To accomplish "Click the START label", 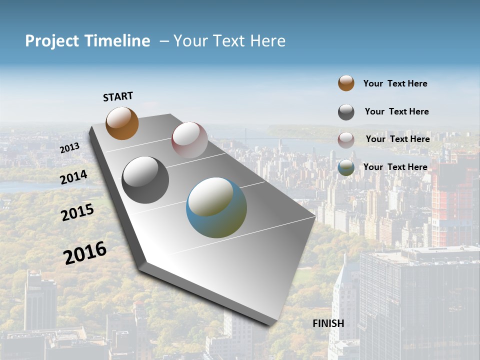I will (x=118, y=96).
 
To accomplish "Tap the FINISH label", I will (x=328, y=323).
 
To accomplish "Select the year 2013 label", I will (x=69, y=148).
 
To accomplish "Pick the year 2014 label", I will (x=73, y=177).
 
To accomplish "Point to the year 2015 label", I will (x=77, y=212).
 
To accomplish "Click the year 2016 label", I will (x=85, y=253).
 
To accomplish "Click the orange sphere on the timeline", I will (x=122, y=123).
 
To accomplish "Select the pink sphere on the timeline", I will (x=189, y=140).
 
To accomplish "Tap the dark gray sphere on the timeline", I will (x=145, y=180).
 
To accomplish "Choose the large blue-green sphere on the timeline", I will (x=216, y=207).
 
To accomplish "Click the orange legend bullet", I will (x=346, y=83).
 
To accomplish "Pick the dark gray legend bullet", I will (x=346, y=112).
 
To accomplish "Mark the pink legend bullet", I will (x=346, y=140).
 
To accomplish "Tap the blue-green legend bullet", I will (x=346, y=167).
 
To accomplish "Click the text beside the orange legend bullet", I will (x=395, y=83).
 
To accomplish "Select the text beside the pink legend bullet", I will (x=397, y=139).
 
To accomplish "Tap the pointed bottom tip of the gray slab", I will (x=270, y=324).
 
